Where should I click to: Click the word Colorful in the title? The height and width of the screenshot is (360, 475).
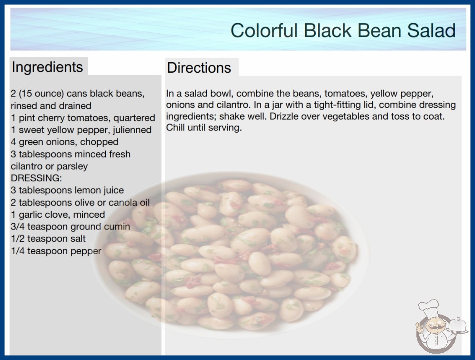[263, 30]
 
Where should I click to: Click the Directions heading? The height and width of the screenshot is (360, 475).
[199, 68]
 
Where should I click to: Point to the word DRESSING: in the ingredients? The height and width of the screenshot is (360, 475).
[36, 178]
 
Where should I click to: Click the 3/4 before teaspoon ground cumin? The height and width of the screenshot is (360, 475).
[18, 226]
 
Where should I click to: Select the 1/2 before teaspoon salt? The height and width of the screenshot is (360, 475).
[18, 239]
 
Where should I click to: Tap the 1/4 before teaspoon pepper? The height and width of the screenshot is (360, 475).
[18, 251]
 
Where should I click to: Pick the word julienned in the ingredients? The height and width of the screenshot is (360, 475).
[132, 130]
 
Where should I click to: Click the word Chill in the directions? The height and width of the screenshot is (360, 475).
[175, 127]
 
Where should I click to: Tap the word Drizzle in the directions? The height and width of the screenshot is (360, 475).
[286, 116]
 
